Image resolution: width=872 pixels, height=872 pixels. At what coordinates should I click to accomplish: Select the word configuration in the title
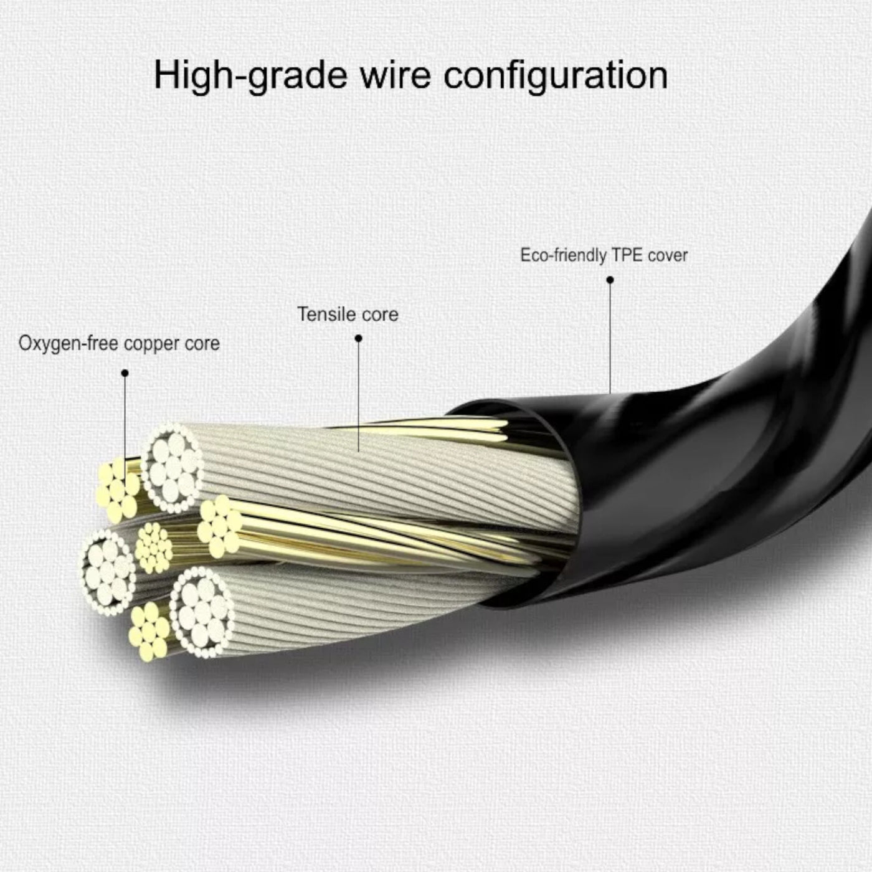click(556, 76)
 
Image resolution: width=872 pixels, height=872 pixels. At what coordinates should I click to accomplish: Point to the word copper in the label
click(149, 344)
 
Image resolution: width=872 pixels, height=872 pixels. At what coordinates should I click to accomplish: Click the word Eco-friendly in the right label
click(563, 255)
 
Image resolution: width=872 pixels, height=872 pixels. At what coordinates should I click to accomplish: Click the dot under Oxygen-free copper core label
click(125, 373)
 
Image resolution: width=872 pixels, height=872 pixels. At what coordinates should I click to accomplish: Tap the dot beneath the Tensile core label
click(358, 338)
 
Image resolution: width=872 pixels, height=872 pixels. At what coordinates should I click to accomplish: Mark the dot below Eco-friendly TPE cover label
click(610, 280)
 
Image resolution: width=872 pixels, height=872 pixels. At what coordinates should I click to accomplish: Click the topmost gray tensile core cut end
click(173, 467)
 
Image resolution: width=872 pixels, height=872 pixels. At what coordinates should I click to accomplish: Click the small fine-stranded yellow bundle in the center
click(154, 547)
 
